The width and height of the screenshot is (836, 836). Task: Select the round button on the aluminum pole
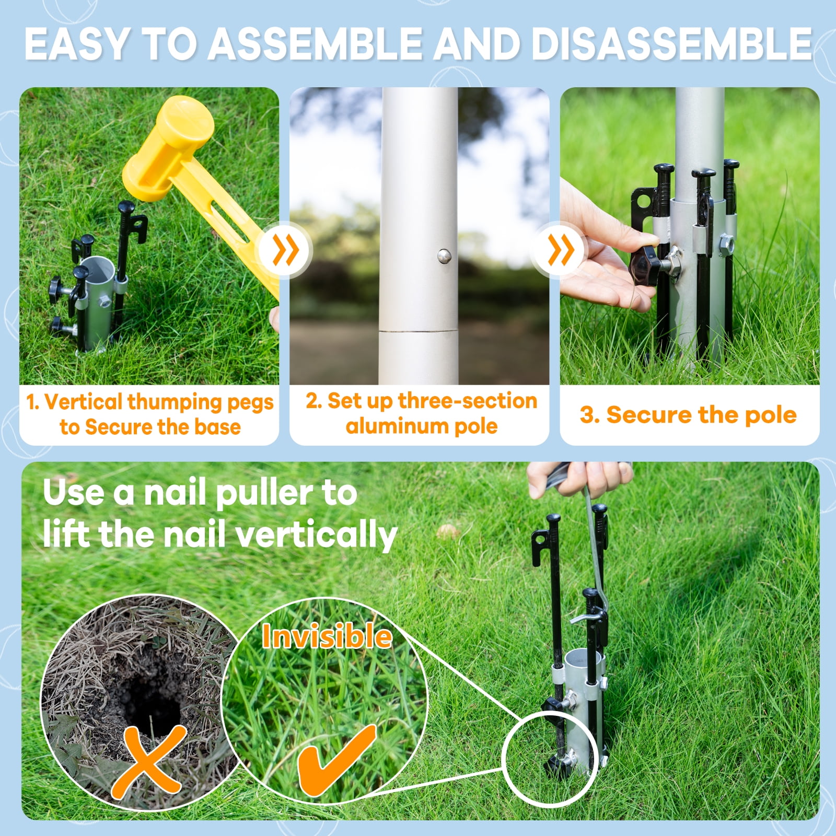[x=444, y=256]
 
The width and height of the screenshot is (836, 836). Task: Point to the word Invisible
[x=327, y=636]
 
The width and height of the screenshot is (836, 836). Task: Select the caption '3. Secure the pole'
[x=688, y=415]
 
